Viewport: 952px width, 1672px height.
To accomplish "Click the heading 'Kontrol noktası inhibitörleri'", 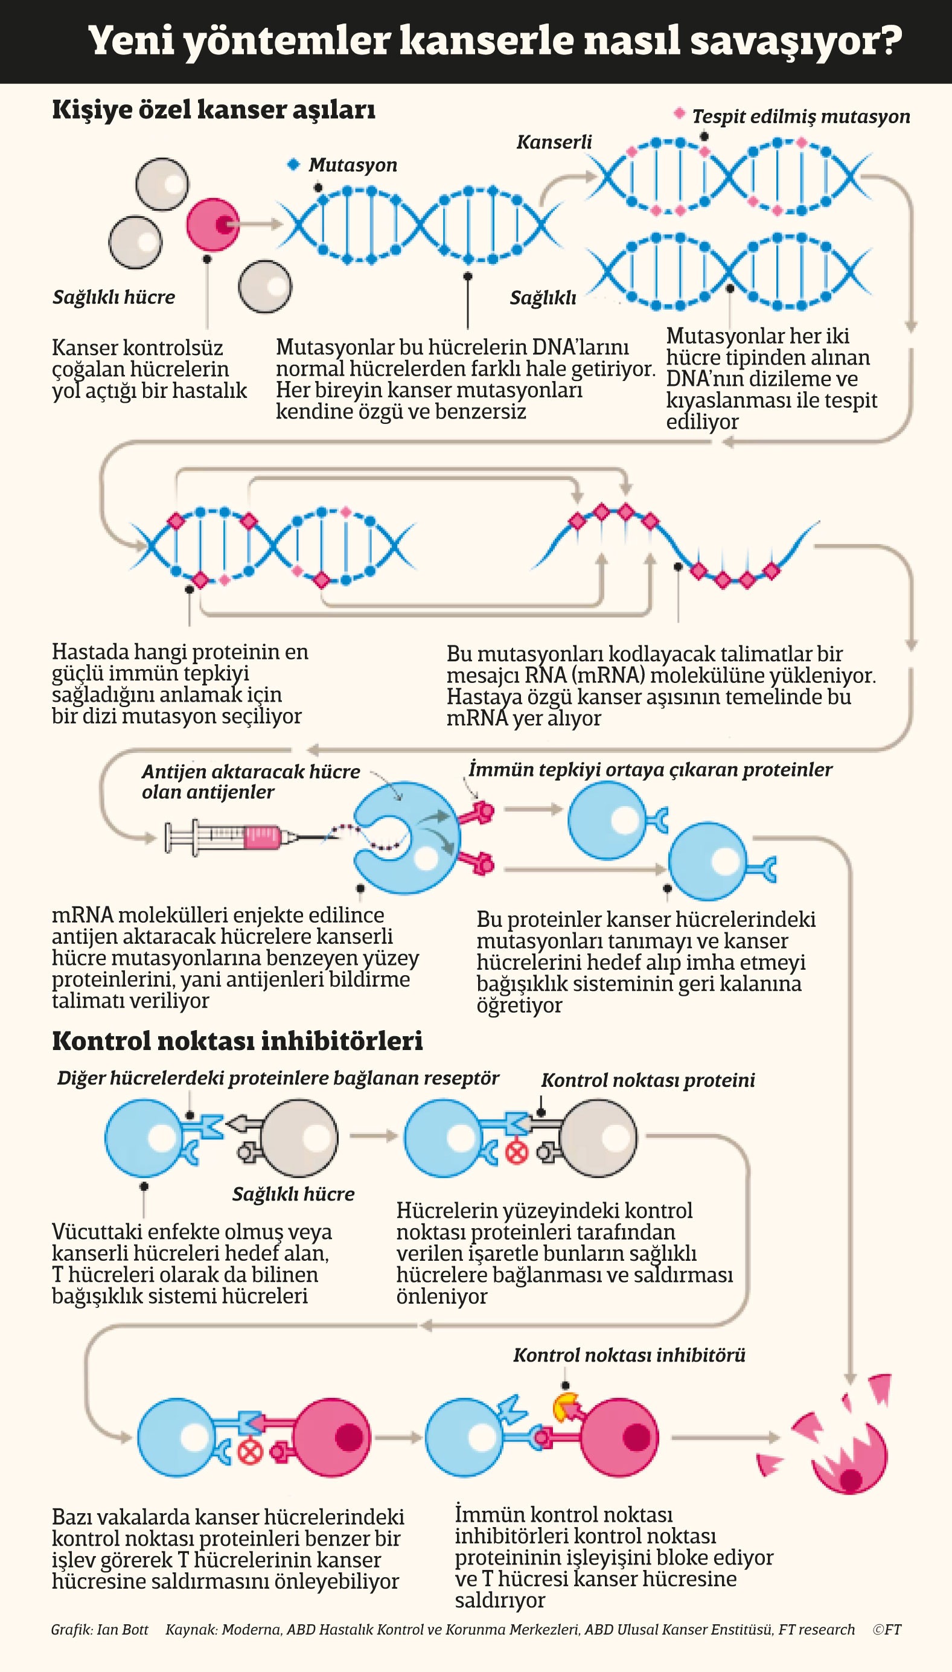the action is (237, 1040).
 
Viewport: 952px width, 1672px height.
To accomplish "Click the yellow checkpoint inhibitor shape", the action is (564, 1408).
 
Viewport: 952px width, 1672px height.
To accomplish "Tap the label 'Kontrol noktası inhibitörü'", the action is (629, 1354).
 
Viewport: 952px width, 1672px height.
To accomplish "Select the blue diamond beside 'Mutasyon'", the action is (293, 164).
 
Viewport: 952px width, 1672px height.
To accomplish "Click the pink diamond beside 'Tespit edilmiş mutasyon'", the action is (679, 113).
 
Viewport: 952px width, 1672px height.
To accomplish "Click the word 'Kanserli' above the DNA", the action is (554, 142).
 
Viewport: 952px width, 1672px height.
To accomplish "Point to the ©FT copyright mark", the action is (887, 1629).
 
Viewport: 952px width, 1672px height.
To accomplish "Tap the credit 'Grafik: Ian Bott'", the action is (100, 1629).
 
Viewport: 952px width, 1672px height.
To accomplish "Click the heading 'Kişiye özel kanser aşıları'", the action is (214, 109).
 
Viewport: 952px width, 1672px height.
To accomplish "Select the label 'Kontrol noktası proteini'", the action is (648, 1080).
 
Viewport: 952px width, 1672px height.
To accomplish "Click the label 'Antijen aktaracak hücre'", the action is (251, 771).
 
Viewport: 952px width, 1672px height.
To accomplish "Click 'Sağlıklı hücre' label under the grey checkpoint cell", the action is (293, 1193).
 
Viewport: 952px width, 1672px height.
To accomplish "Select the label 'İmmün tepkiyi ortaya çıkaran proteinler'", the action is (651, 769).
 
